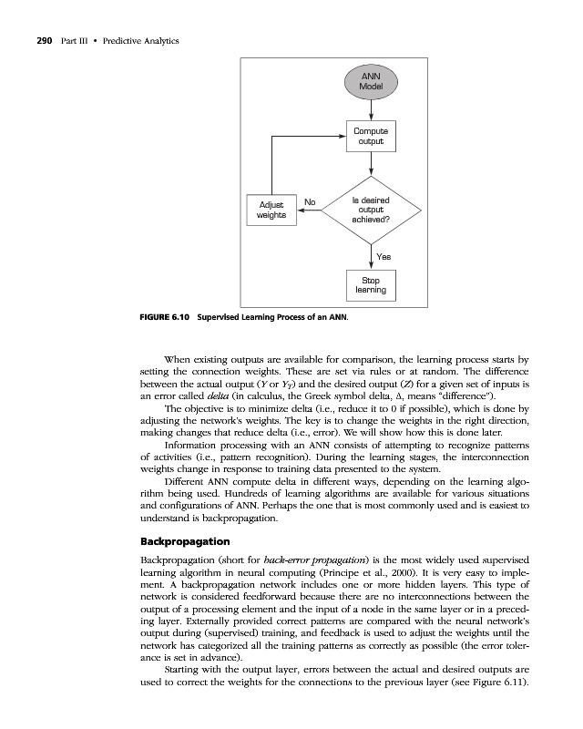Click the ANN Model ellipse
tap(371, 81)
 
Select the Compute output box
tap(371, 137)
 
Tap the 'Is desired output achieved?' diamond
tap(371, 210)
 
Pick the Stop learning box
tap(371, 285)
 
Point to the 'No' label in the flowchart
tap(310, 201)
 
